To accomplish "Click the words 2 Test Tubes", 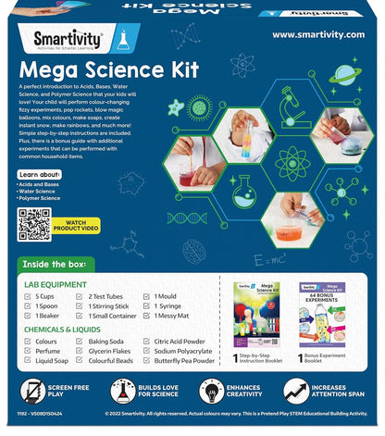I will coord(114,295).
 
